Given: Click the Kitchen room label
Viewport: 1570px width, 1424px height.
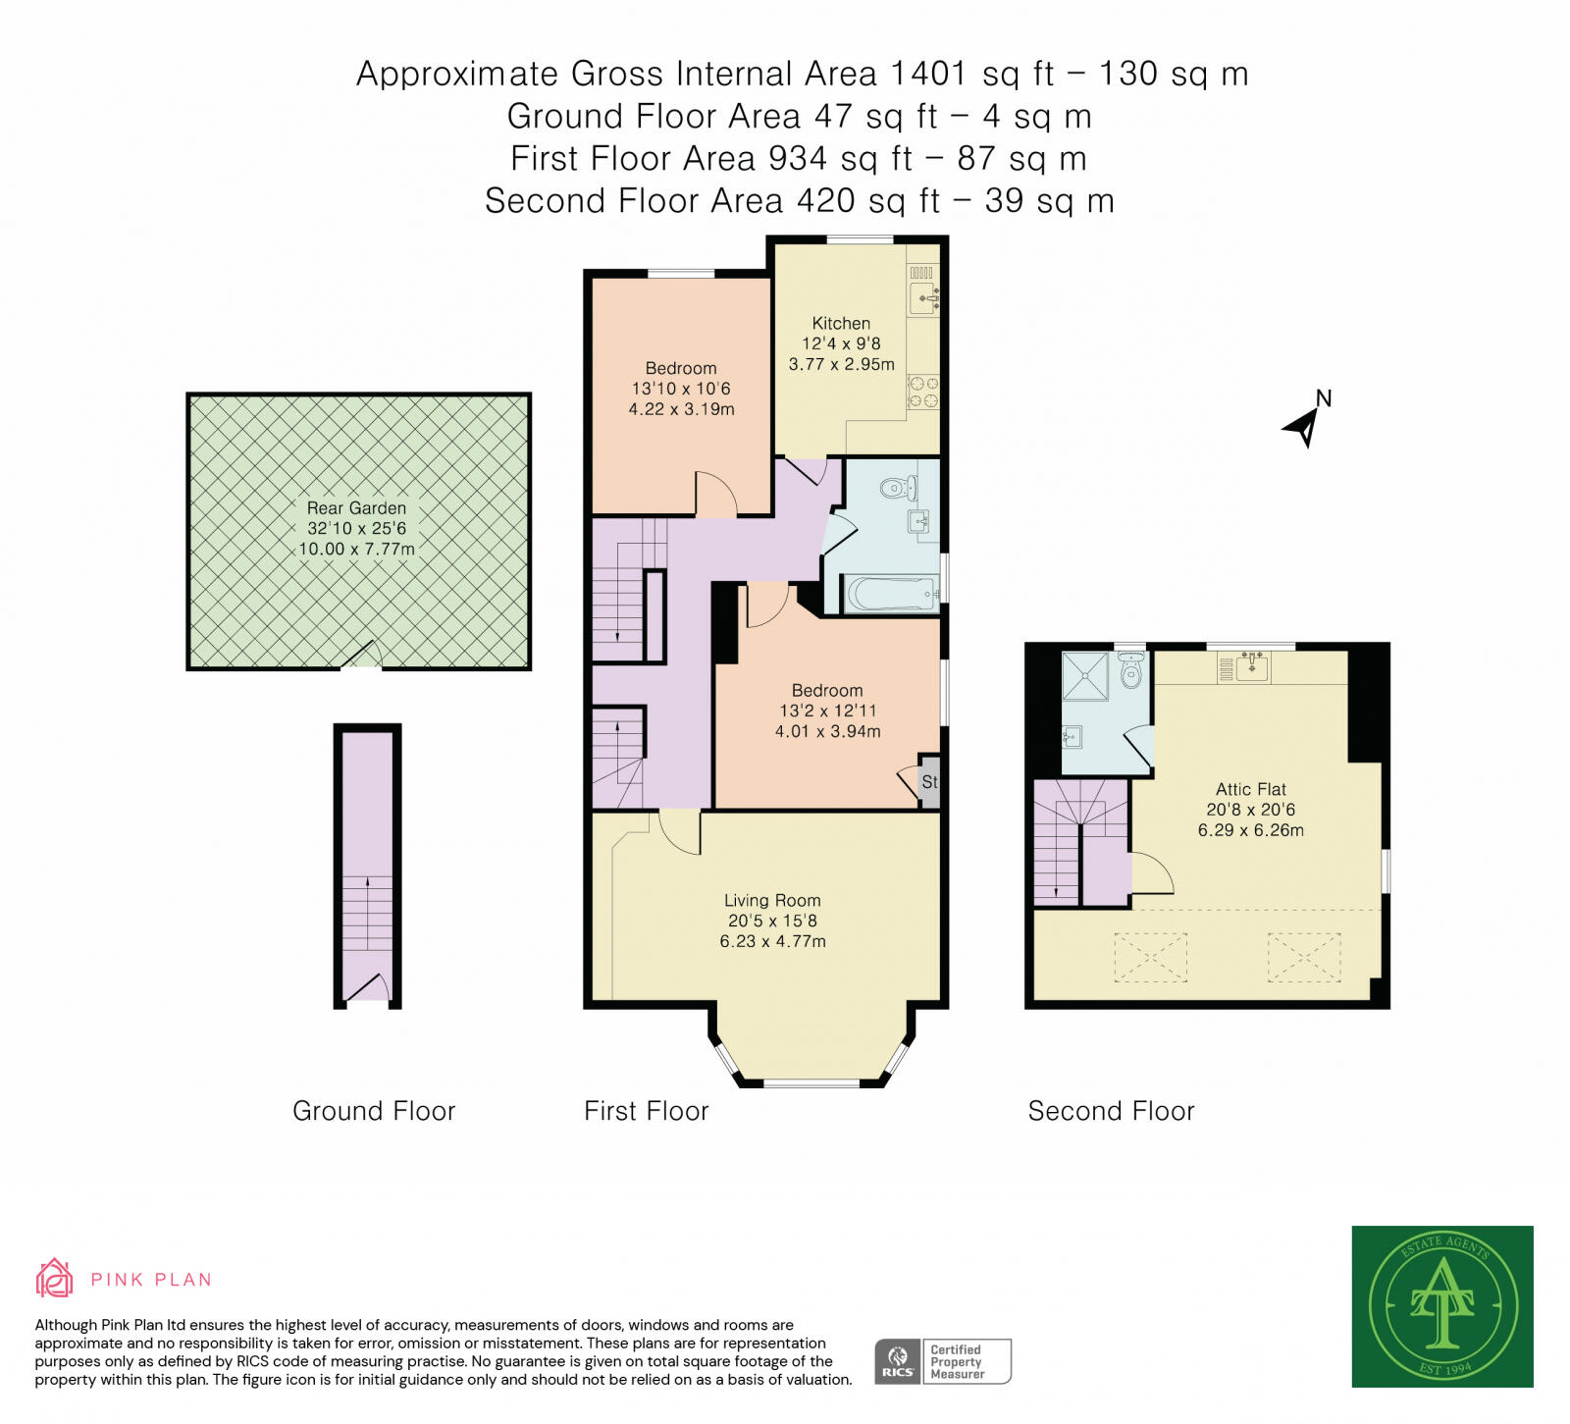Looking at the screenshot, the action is click(x=841, y=323).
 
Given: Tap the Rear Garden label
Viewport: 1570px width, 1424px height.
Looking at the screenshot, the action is click(x=356, y=507).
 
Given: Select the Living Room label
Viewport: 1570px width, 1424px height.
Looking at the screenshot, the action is click(x=772, y=900).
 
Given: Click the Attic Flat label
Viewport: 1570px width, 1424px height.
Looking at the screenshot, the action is click(x=1250, y=789).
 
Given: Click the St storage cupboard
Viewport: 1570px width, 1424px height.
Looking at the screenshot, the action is click(x=929, y=782).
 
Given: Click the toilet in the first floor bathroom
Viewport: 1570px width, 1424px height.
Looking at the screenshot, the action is click(x=899, y=488).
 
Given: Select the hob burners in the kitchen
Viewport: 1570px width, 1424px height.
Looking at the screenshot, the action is click(x=923, y=392).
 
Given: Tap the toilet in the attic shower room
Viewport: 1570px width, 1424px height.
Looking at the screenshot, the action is click(x=1131, y=671).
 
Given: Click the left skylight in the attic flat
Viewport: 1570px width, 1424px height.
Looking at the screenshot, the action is click(x=1150, y=957).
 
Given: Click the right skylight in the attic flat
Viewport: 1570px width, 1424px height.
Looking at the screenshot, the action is click(x=1304, y=957).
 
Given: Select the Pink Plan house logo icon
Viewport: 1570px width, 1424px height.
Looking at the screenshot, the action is click(x=55, y=1278).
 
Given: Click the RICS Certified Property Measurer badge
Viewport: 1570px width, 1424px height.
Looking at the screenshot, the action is click(x=943, y=1361).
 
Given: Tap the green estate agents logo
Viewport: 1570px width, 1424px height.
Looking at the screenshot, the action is click(x=1442, y=1306).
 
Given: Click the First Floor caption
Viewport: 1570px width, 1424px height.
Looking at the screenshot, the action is click(x=646, y=1111).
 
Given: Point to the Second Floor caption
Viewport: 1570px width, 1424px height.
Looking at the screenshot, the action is click(x=1111, y=1111).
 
